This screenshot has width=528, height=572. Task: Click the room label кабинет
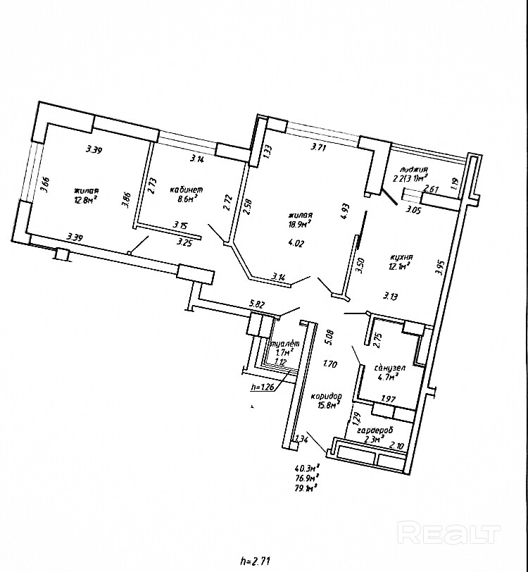(x=187, y=190)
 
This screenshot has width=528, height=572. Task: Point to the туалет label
(x=286, y=344)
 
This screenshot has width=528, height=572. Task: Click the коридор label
(x=325, y=396)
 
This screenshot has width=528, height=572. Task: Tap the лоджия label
(x=413, y=170)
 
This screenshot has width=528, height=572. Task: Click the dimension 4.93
(x=345, y=211)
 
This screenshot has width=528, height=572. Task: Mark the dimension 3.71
(x=319, y=148)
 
